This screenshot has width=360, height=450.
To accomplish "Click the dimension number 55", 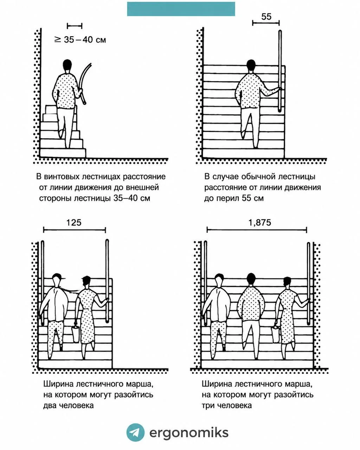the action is click(x=266, y=17).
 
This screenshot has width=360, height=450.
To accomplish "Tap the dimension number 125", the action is click(x=74, y=223).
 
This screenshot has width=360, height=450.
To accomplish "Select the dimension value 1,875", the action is click(x=259, y=223).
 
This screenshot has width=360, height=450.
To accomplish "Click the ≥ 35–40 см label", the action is click(x=80, y=39).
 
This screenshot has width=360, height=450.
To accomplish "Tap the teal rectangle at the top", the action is click(x=181, y=9).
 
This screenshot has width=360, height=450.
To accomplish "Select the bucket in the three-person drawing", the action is click(x=276, y=334).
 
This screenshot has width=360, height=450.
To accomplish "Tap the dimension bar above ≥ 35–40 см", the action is click(x=75, y=26).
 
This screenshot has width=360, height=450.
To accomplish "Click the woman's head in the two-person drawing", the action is click(x=86, y=281).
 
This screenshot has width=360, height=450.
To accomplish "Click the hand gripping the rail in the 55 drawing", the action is click(x=279, y=89).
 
